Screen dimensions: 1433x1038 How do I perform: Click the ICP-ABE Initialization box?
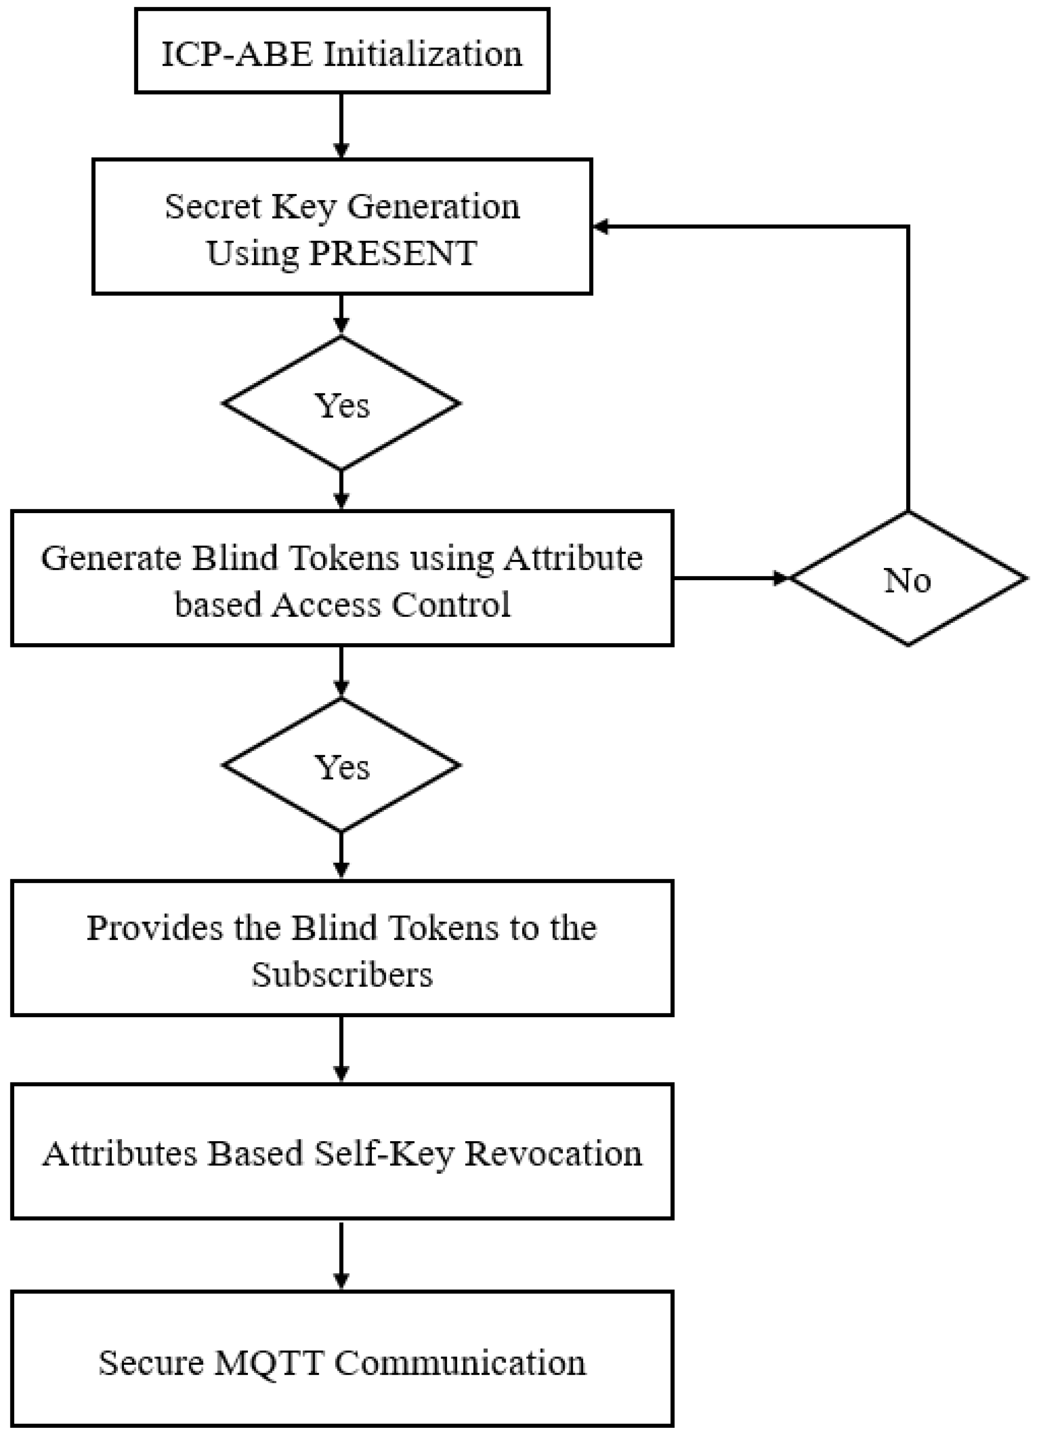tap(342, 51)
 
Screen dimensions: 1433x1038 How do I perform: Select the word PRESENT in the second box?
tap(392, 253)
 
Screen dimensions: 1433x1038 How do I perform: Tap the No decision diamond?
tap(907, 579)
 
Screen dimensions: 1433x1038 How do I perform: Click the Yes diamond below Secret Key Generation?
tap(341, 404)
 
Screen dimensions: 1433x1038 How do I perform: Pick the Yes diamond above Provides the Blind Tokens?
tap(341, 766)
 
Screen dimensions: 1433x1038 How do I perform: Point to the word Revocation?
tap(553, 1153)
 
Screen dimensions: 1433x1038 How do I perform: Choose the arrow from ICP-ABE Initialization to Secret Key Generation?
tap(341, 126)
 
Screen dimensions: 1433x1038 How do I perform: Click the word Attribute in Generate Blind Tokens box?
tap(573, 558)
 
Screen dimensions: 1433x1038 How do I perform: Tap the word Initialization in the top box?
tap(422, 54)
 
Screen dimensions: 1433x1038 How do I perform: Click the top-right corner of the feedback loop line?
tap(907, 226)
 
